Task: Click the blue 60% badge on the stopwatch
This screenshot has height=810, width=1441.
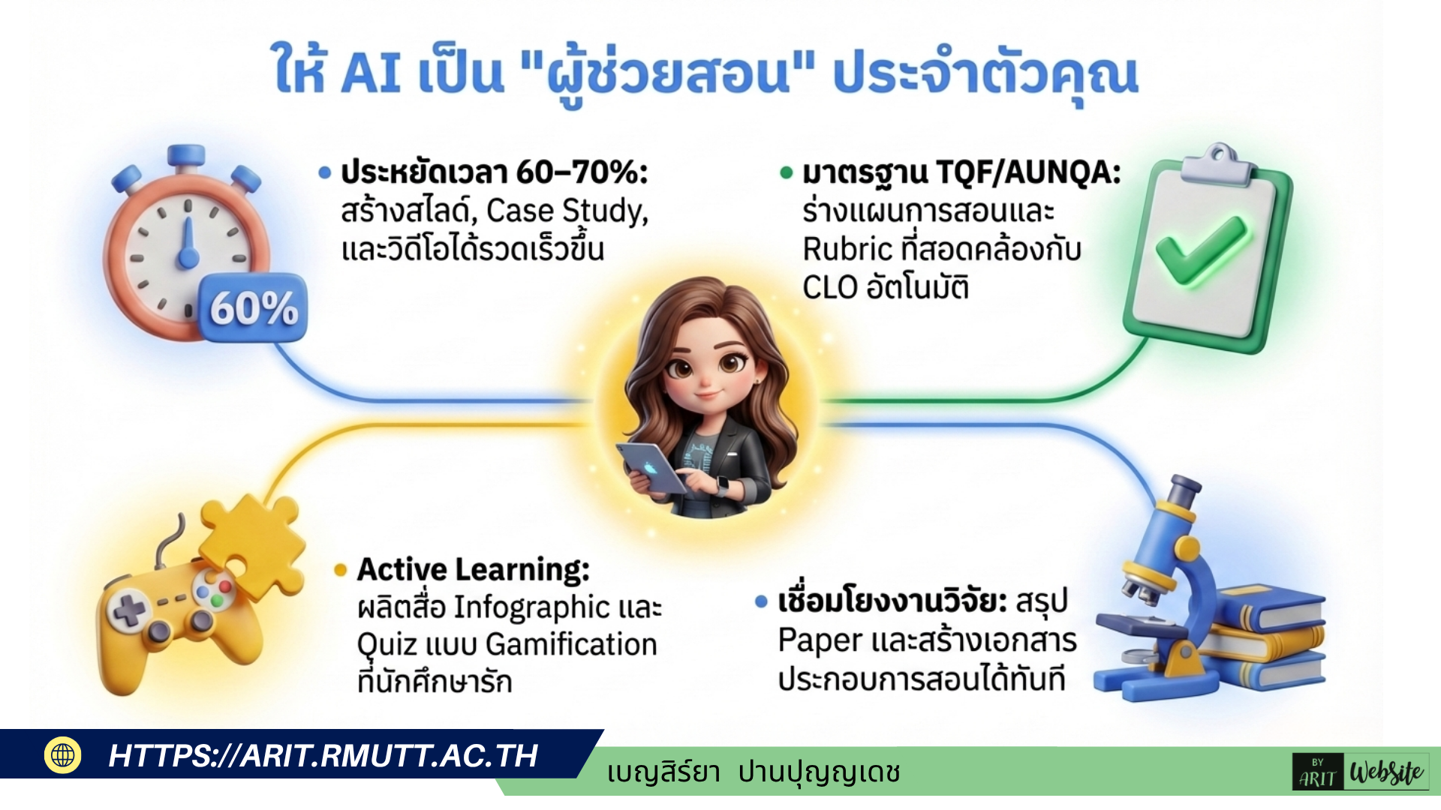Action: click(253, 307)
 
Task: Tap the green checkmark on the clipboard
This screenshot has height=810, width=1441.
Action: click(1201, 251)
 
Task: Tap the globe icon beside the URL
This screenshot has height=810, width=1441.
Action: click(63, 754)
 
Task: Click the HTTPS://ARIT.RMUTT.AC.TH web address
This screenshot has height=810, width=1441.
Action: click(323, 756)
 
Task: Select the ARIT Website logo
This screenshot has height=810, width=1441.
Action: click(1361, 772)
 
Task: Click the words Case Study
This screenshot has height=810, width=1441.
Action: click(567, 211)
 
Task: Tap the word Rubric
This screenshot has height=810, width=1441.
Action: click(847, 249)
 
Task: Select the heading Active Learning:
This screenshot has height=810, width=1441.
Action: click(474, 570)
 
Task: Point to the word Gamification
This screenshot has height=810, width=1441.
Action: click(571, 645)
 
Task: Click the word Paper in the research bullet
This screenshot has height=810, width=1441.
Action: click(820, 642)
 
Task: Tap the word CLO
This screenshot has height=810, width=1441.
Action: click(830, 287)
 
